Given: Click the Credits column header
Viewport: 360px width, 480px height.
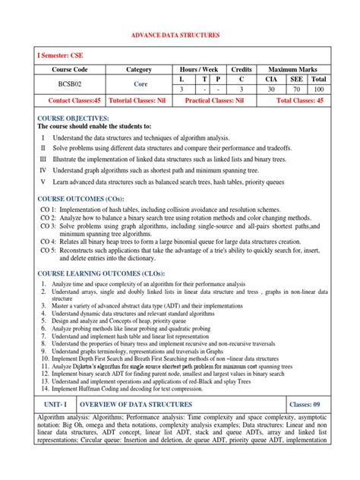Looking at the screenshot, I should point(242,69).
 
